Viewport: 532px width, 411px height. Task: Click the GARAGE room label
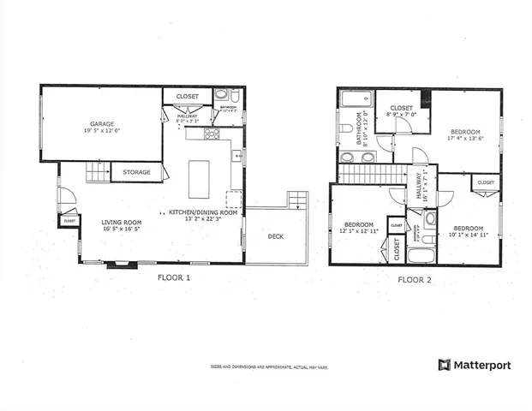pos(99,124)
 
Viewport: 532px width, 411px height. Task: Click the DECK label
pos(275,237)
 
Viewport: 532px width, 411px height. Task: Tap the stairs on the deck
pos(296,200)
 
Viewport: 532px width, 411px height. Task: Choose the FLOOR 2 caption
pos(417,279)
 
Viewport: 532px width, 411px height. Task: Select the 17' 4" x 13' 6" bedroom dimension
pos(464,137)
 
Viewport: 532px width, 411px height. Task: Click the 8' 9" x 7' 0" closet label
pos(401,114)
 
